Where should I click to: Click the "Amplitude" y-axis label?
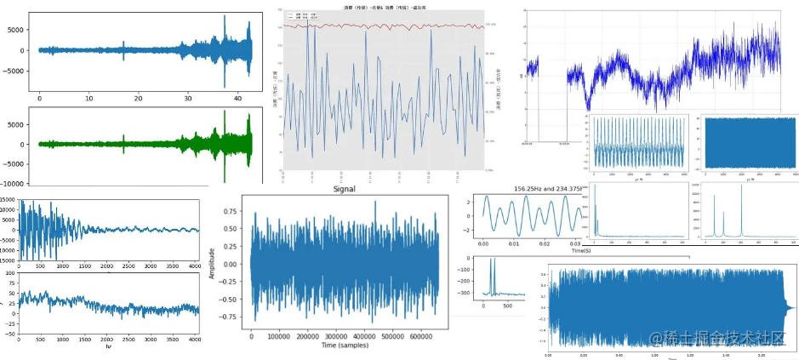pos(212,263)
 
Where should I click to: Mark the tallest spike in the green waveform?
pos(225,122)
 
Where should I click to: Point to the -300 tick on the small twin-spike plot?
pos(471,293)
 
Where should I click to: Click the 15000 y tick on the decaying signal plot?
pos(9,200)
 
